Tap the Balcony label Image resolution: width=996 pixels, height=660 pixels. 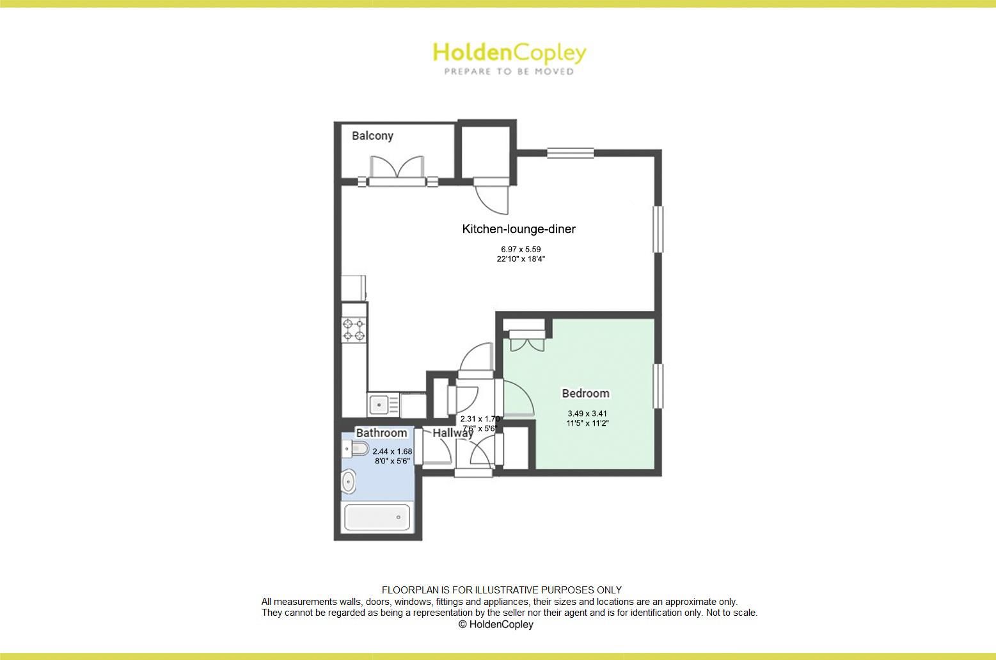click(372, 136)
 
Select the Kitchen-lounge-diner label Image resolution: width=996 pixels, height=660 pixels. click(519, 229)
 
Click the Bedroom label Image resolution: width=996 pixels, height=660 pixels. click(585, 393)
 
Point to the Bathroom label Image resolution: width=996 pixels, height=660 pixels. click(381, 433)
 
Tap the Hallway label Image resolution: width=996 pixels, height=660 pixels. click(452, 433)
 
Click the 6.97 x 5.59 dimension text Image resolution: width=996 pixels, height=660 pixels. click(521, 249)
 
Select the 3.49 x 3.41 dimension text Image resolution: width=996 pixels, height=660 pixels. click(587, 413)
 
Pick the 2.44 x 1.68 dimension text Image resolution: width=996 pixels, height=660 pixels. click(392, 451)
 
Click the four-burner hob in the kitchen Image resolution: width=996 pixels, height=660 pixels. click(354, 330)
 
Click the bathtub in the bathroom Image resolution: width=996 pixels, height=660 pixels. click(377, 517)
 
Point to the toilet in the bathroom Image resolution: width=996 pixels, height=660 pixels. click(356, 450)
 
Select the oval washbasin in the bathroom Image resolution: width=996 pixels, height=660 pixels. click(349, 481)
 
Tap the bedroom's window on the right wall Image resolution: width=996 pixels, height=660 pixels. click(657, 385)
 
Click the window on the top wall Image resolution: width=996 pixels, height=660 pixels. click(570, 153)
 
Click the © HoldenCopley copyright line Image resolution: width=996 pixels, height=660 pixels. click(496, 624)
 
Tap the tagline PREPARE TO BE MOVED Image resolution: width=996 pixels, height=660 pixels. click(509, 72)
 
